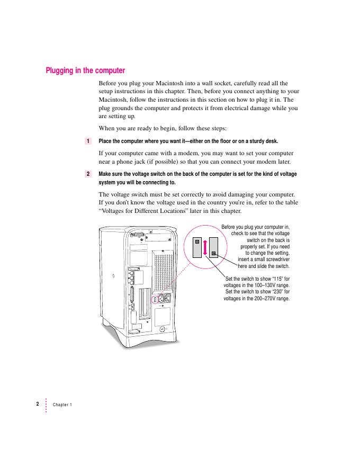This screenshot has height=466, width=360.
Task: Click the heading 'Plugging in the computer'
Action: click(x=85, y=70)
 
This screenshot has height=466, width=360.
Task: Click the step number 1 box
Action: click(x=87, y=141)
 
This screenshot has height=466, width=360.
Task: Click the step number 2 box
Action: click(x=87, y=174)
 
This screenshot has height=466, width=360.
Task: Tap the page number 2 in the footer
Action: click(x=38, y=404)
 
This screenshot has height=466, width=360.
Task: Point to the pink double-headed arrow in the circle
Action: click(x=204, y=248)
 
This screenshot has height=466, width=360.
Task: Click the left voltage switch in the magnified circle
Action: click(x=196, y=247)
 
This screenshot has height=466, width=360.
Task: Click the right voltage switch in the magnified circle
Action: click(x=213, y=248)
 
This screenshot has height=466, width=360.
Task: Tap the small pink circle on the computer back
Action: click(x=155, y=299)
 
